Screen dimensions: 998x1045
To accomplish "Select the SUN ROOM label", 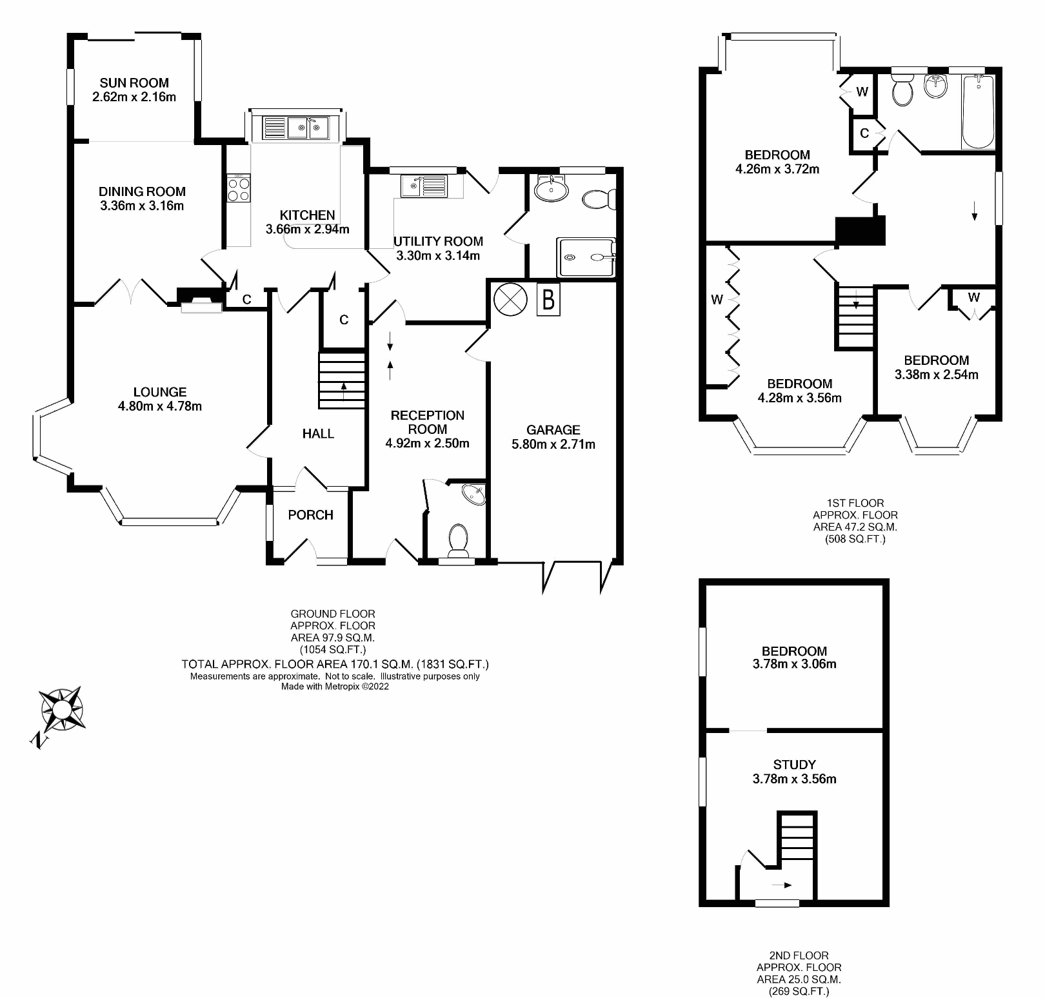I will [x=134, y=83].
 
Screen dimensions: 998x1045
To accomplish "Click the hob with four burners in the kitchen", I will [x=239, y=188].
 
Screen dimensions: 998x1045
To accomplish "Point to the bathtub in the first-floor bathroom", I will [x=978, y=111].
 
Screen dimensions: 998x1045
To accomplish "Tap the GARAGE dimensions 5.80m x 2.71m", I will [x=553, y=444].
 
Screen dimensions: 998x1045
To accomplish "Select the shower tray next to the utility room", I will [x=586, y=257].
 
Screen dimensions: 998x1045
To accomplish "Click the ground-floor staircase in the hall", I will [x=342, y=380].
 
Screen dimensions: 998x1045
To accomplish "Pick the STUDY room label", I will [x=794, y=765].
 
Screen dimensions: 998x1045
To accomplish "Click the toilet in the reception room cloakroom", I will [x=458, y=540].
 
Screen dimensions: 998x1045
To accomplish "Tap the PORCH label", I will [x=310, y=514].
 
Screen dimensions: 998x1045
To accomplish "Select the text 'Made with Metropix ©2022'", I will [x=335, y=686].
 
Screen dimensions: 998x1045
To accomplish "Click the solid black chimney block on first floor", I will [x=860, y=231].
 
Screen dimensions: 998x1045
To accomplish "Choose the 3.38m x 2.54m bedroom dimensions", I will [x=936, y=375].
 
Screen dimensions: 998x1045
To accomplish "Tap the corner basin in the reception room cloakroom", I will [x=476, y=494].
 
